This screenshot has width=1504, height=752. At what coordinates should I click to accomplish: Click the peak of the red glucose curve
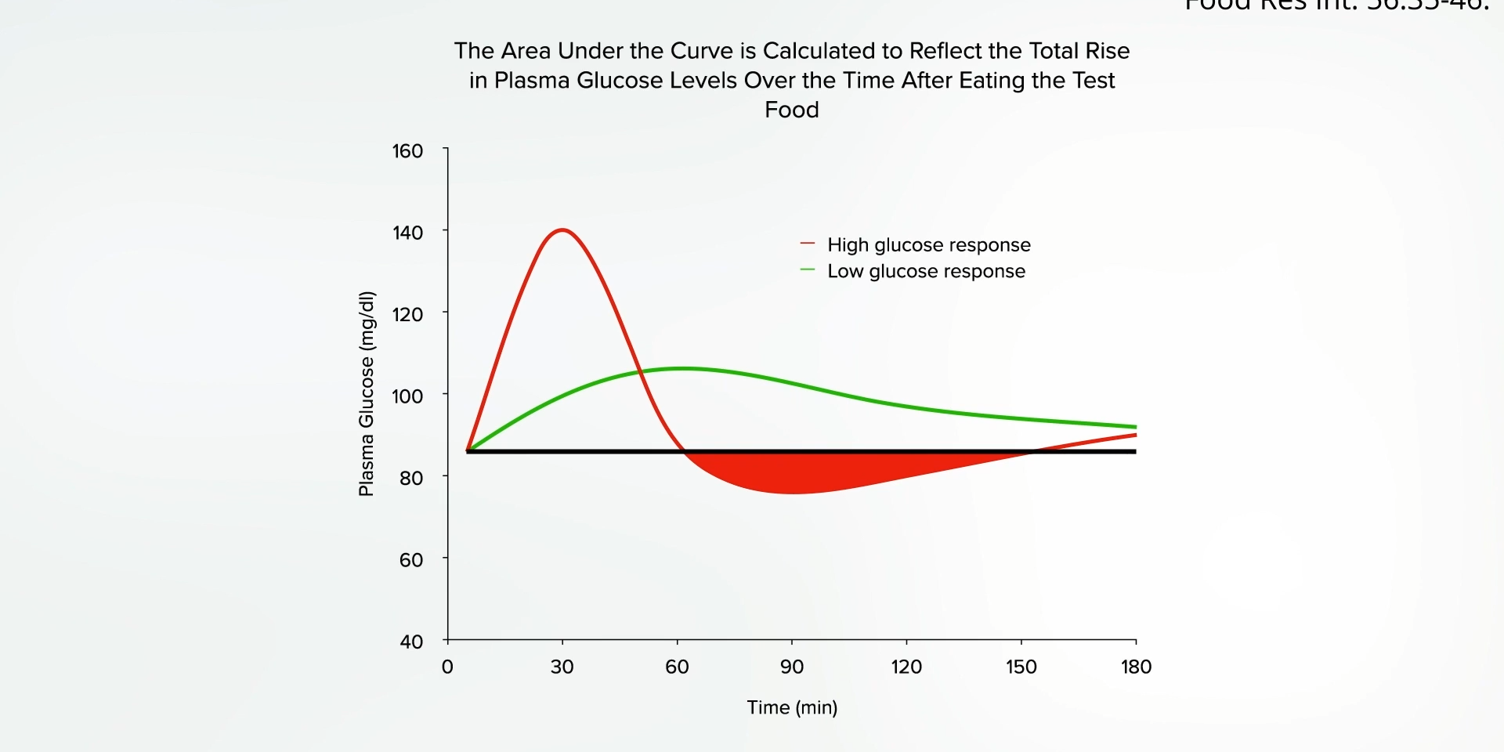click(x=562, y=230)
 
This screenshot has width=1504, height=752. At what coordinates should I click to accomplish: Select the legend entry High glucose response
click(x=928, y=245)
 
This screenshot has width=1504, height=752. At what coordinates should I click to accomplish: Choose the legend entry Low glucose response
click(x=926, y=272)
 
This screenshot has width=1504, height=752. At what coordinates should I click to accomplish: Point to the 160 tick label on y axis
click(x=407, y=151)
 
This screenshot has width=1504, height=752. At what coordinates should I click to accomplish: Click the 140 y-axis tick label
click(x=407, y=233)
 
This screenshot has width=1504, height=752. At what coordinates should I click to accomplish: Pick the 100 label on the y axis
click(x=407, y=396)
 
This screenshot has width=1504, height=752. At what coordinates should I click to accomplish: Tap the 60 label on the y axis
click(x=410, y=560)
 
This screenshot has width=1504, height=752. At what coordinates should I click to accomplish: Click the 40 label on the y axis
click(x=410, y=642)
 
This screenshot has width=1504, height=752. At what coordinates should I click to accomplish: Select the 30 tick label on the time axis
click(x=562, y=667)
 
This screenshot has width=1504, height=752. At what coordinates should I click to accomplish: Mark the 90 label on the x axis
click(x=791, y=667)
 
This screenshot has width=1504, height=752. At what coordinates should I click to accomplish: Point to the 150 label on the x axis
click(x=1021, y=667)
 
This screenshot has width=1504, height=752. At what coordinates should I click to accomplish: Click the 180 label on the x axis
click(x=1136, y=667)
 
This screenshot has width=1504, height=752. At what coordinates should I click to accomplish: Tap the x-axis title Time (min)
click(x=792, y=707)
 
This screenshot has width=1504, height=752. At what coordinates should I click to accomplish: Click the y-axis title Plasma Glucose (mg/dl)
click(x=366, y=394)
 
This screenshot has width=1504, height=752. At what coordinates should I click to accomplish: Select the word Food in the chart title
click(x=792, y=110)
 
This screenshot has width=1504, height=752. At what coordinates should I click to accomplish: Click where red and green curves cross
click(x=641, y=371)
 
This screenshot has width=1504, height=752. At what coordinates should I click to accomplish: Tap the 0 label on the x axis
click(x=447, y=667)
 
